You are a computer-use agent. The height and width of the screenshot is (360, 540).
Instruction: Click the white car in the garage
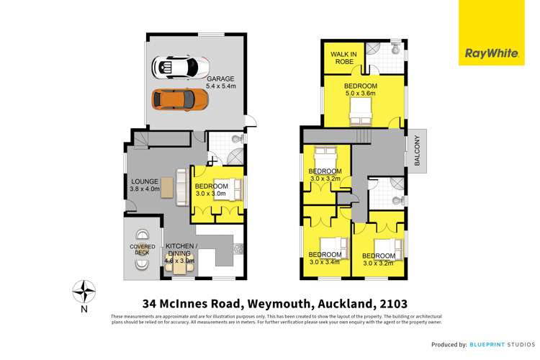[176, 68]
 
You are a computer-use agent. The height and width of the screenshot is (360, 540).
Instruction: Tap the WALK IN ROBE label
[344, 58]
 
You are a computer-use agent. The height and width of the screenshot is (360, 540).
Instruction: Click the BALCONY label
[419, 152]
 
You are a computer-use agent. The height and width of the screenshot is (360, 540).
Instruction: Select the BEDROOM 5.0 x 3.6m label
[360, 89]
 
